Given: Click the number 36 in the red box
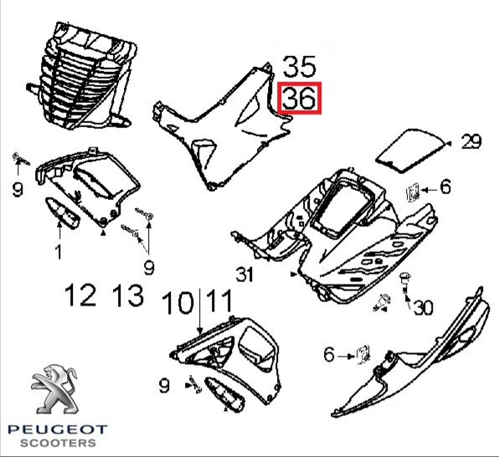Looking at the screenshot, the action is (x=299, y=98).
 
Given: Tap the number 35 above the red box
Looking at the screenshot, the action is (x=299, y=66).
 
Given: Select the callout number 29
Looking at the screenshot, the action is (x=471, y=141).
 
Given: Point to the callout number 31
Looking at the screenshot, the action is (x=244, y=275).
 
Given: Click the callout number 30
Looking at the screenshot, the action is (x=424, y=308).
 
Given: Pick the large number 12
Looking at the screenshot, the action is (x=80, y=295).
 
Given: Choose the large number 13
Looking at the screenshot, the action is (x=128, y=295).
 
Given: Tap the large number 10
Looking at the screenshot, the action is (x=177, y=303).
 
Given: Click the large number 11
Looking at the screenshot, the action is (x=219, y=300).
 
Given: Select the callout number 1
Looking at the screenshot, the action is (x=59, y=251).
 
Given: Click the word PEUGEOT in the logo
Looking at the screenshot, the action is (x=58, y=429).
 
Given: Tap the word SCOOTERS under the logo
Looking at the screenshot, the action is (x=58, y=443).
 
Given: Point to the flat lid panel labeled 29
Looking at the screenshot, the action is (x=410, y=151).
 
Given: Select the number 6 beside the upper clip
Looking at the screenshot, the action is (x=445, y=187).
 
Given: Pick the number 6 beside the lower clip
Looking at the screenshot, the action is (x=329, y=354).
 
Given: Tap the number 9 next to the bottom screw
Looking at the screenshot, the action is (x=164, y=386).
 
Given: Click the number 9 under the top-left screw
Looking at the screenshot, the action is (x=18, y=190).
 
